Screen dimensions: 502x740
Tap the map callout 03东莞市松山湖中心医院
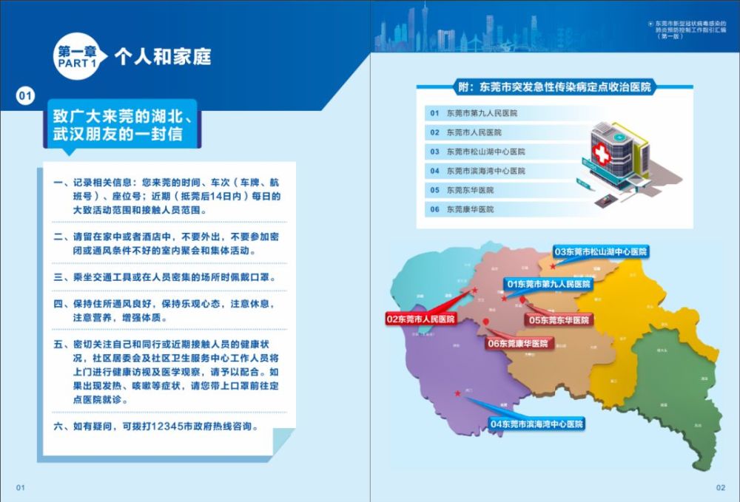click(x=601, y=252)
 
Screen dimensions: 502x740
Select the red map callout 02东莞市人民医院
click(x=420, y=319)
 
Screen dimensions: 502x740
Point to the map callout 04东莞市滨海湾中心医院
click(x=536, y=424)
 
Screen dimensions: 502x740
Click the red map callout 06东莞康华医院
click(x=518, y=344)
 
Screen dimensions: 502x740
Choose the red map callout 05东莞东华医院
click(x=559, y=320)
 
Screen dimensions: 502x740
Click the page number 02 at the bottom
click(x=720, y=487)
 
